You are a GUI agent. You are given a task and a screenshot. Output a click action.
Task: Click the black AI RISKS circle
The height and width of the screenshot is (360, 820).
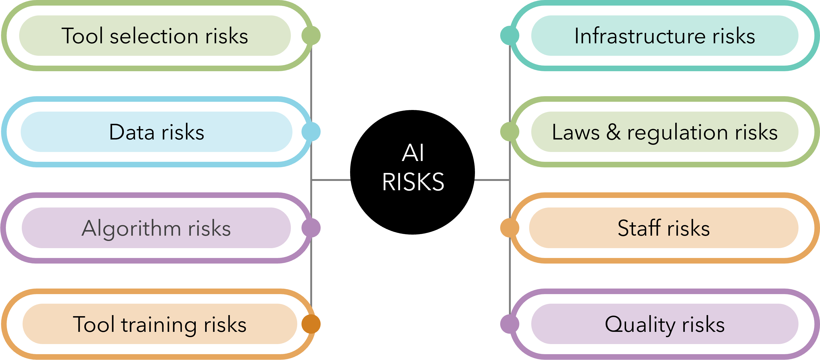coord(413,172)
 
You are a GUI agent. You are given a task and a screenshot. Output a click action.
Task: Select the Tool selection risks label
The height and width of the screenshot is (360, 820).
coord(155,36)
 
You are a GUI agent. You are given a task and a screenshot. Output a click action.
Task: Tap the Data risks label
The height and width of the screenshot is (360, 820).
coord(156,132)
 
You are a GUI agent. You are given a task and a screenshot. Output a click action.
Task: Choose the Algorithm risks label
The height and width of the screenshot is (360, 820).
coord(156,228)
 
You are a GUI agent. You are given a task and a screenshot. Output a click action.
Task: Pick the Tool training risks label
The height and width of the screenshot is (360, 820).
coord(159,324)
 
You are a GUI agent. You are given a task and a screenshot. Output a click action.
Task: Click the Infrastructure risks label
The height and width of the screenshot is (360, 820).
coord(665,36)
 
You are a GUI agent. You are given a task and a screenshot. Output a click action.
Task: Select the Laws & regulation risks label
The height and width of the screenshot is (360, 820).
coord(665,132)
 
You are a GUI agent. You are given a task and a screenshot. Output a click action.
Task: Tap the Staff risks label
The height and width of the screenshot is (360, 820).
coord(664,228)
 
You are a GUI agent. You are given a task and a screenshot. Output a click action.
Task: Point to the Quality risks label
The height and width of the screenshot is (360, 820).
coord(665,324)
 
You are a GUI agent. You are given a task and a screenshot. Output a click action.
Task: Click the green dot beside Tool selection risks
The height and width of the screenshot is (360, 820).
coord(311,35)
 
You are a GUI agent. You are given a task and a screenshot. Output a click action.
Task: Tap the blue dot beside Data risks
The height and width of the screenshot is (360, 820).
coord(311,132)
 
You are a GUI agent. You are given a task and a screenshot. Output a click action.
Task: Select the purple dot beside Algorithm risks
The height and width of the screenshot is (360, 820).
coord(311,228)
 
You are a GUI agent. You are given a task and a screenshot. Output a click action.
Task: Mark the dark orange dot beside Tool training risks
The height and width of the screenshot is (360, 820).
coord(311,324)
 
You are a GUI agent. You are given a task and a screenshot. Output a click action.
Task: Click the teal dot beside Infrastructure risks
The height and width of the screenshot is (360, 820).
coord(510,35)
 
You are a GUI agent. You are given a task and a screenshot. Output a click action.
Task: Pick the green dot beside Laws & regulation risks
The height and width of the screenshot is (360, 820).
coord(510,132)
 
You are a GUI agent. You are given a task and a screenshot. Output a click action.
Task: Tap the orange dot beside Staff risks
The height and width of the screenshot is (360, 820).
coord(510,228)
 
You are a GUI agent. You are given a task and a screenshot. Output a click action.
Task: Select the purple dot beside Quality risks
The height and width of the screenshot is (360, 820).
coord(510,324)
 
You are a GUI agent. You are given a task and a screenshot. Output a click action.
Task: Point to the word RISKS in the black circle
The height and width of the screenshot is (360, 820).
coord(413,182)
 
